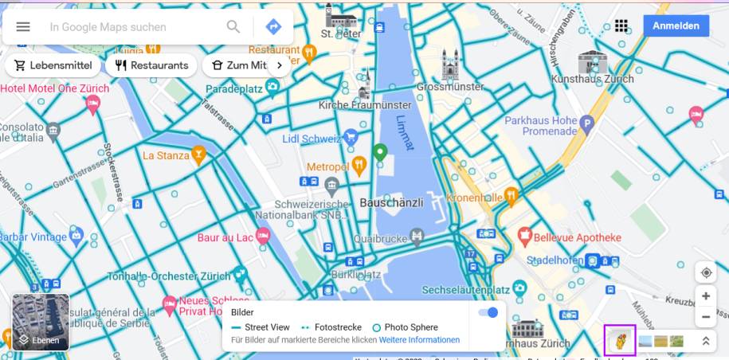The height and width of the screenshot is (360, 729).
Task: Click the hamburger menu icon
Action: (x=23, y=26)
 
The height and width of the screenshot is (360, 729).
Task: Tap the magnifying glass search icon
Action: (x=233, y=26)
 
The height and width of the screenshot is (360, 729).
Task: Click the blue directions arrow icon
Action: (x=273, y=26)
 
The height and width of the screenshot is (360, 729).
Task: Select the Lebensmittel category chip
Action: (x=53, y=65)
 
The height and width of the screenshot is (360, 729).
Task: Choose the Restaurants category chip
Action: (x=151, y=65)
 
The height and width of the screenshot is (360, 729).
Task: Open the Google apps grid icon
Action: (x=621, y=25)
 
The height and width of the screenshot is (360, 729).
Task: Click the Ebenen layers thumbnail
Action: (x=41, y=323)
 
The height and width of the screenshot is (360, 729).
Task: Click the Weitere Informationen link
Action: (x=419, y=340)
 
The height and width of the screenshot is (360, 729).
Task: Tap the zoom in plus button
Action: (x=706, y=295)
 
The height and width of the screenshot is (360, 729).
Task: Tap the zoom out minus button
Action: (x=706, y=317)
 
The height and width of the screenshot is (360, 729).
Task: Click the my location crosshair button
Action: (x=706, y=272)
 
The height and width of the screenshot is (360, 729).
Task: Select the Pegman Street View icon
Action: (x=620, y=340)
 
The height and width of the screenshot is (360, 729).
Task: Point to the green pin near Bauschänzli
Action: (x=381, y=151)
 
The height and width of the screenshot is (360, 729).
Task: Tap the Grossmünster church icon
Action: (x=451, y=64)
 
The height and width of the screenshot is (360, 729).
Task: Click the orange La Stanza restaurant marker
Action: (x=198, y=155)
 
